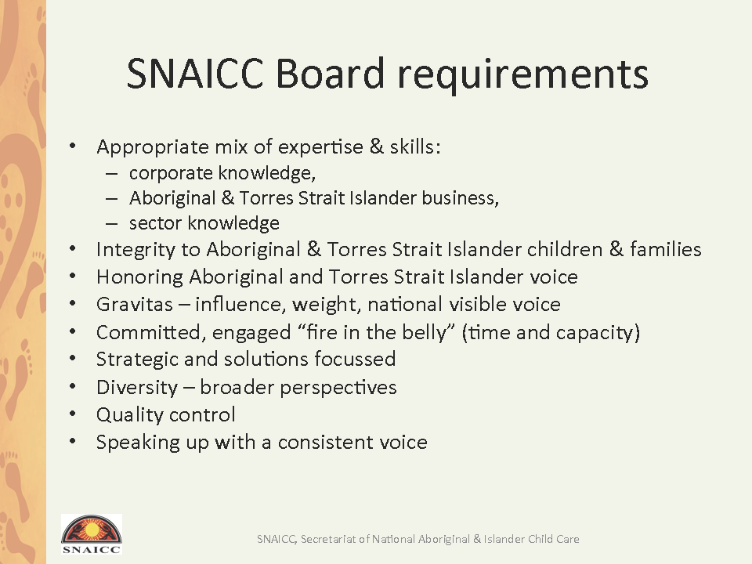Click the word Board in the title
(x=330, y=74)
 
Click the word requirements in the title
(x=523, y=76)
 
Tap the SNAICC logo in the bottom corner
(x=91, y=534)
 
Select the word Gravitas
(x=134, y=305)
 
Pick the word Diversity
(x=137, y=388)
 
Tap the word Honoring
(x=139, y=277)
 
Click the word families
(x=666, y=249)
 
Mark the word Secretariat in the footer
(x=328, y=539)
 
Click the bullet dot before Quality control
(x=72, y=413)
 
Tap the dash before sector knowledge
(x=111, y=223)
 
